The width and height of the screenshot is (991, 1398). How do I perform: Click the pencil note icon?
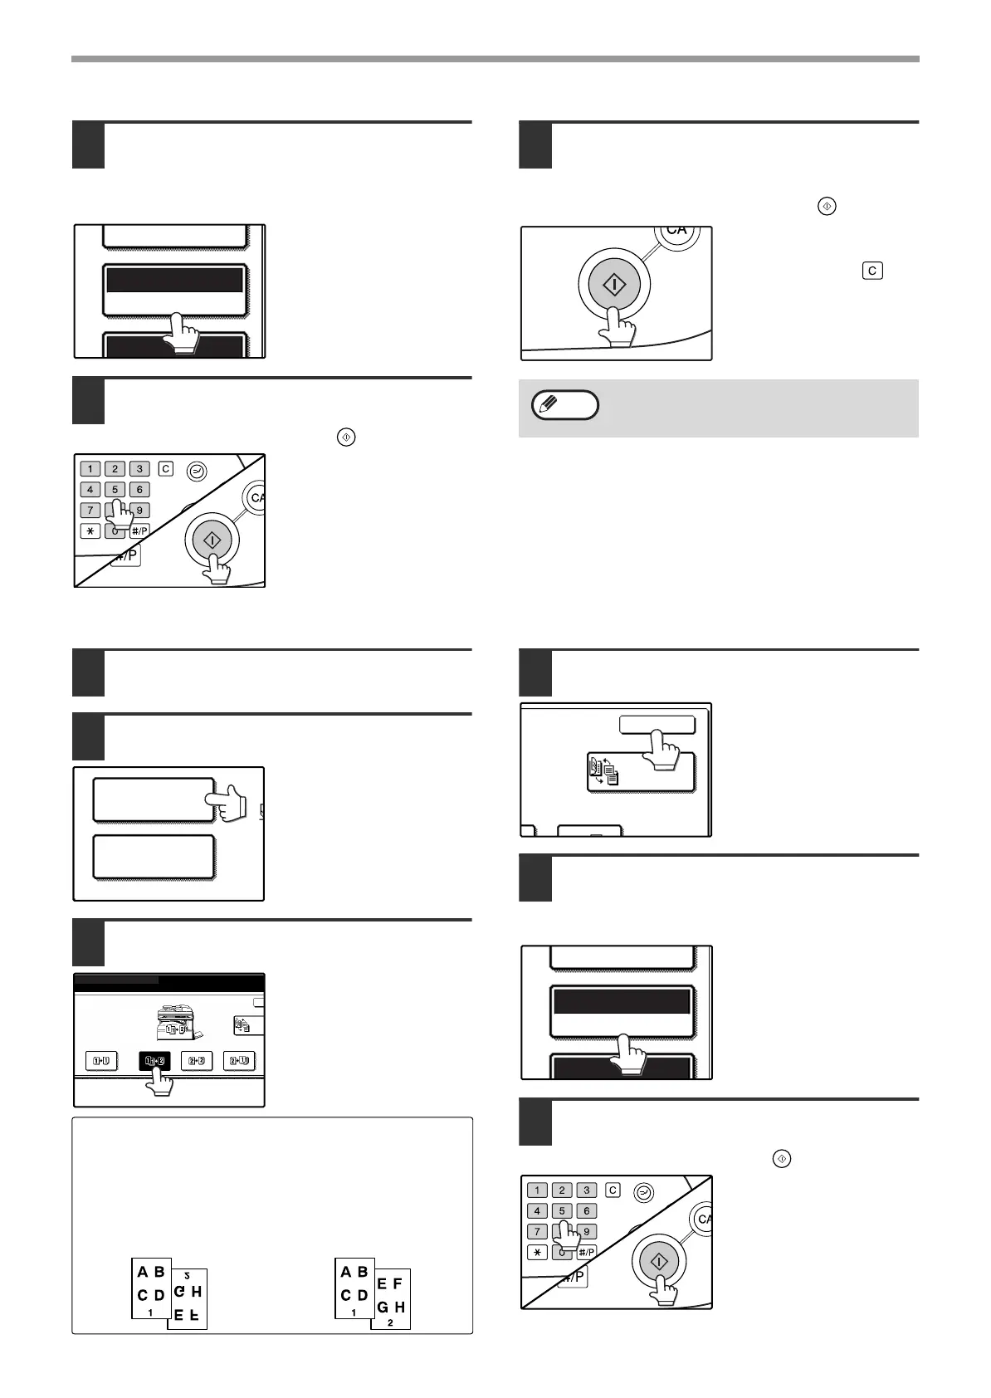pyautogui.click(x=564, y=405)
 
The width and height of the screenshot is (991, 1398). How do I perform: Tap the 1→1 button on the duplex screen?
pyautogui.click(x=102, y=1060)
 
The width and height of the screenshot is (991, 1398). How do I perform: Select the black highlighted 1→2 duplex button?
pyautogui.click(x=154, y=1060)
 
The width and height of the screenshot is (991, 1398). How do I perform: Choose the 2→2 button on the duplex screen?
pyautogui.click(x=197, y=1060)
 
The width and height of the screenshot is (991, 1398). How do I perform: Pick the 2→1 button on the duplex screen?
pyautogui.click(x=239, y=1060)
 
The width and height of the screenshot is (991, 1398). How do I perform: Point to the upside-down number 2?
pyautogui.click(x=188, y=1275)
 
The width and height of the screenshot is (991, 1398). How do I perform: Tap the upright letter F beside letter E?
pyautogui.click(x=398, y=1283)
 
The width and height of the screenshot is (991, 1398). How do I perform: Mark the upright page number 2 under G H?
pyautogui.click(x=390, y=1322)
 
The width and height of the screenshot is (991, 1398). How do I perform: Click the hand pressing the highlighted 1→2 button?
pyautogui.click(x=158, y=1082)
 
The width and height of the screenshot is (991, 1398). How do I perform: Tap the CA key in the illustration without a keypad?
pyautogui.click(x=676, y=231)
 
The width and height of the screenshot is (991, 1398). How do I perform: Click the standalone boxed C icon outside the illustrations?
pyautogui.click(x=872, y=271)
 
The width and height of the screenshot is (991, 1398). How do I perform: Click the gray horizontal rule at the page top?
pyautogui.click(x=495, y=59)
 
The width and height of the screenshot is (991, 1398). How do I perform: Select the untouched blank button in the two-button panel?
pyautogui.click(x=154, y=857)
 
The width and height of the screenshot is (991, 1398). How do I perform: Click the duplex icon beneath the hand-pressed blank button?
pyautogui.click(x=603, y=770)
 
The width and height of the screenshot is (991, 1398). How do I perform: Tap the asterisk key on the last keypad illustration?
pyautogui.click(x=537, y=1252)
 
